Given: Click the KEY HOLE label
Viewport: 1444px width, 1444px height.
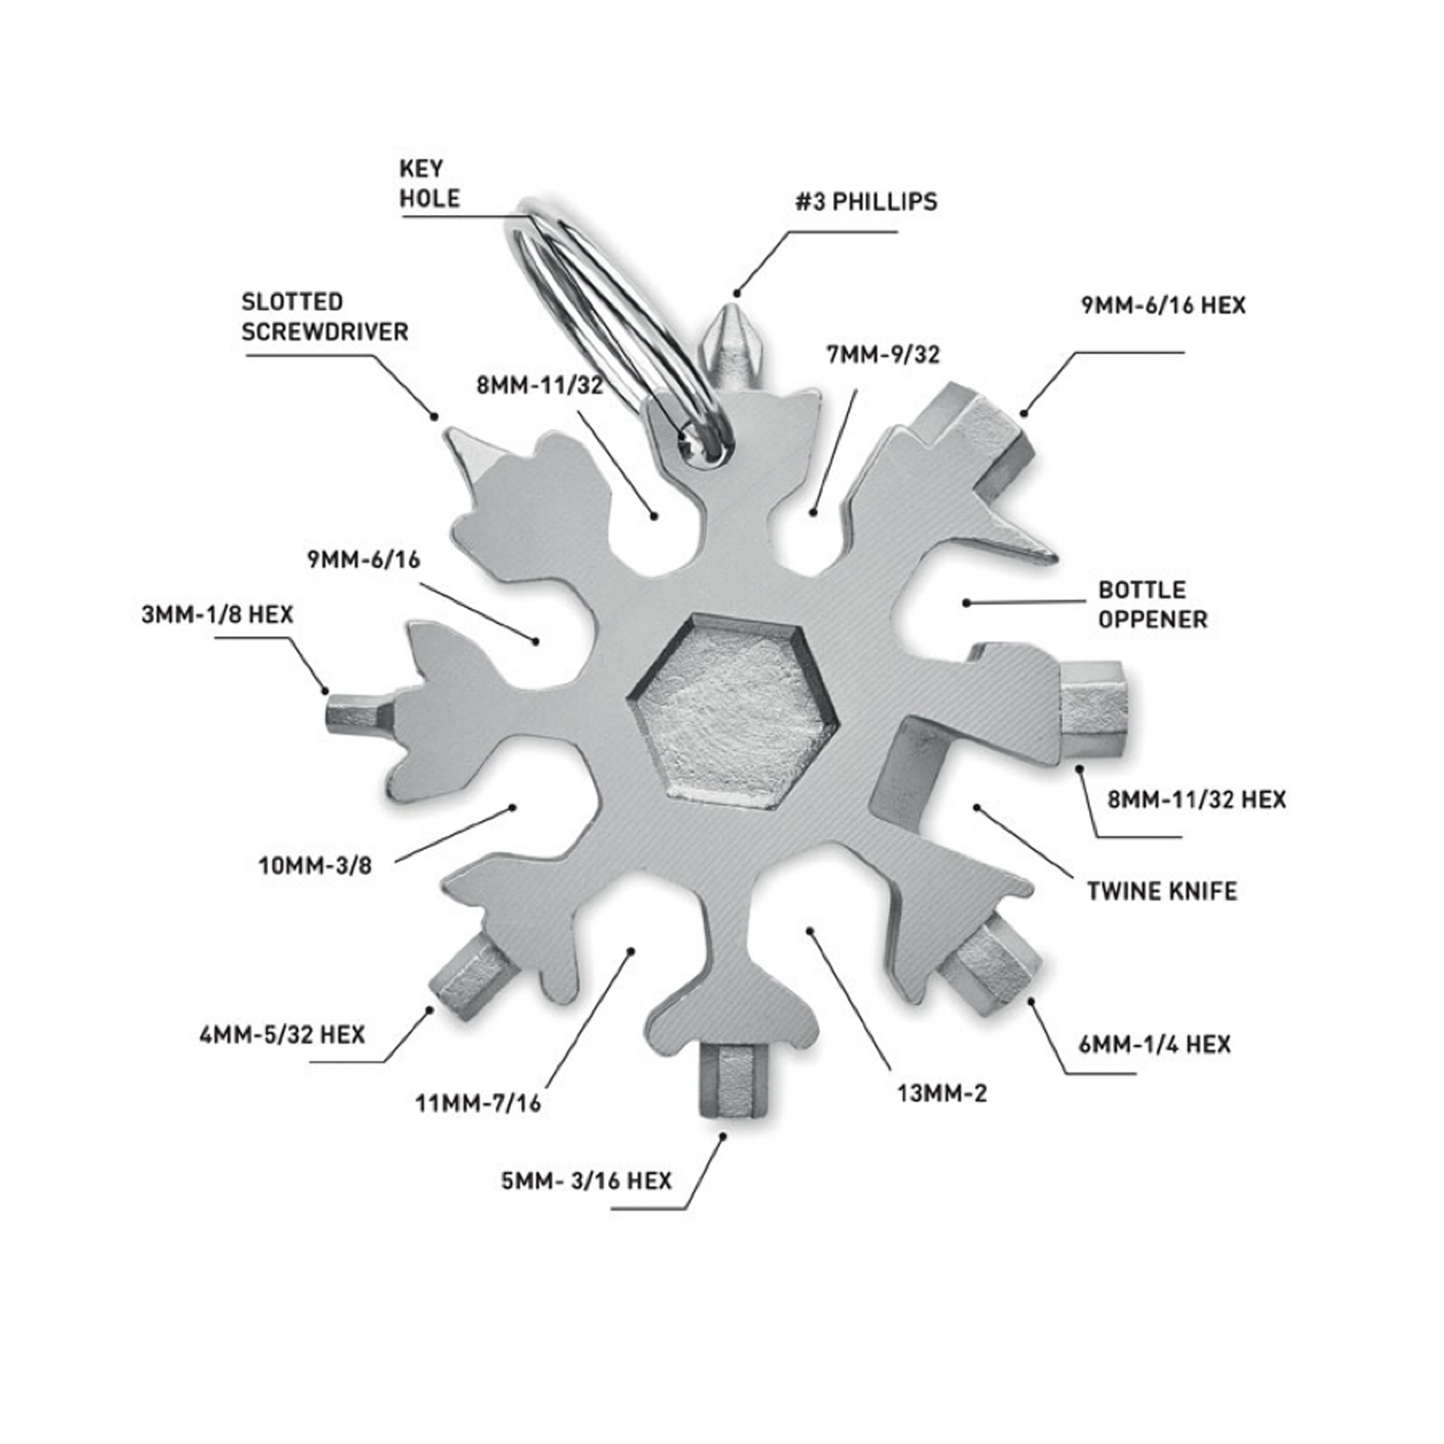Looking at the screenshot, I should (x=430, y=184).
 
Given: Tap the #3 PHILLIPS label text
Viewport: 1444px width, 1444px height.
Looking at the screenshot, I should (x=866, y=201).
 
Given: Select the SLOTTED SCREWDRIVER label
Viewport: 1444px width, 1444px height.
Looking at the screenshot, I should (x=325, y=317).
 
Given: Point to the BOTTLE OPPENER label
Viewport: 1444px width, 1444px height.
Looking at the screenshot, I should (x=1152, y=604).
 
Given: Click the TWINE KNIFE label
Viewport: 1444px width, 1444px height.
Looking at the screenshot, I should (x=1162, y=891).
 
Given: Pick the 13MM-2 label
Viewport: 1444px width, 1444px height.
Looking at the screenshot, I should (x=942, y=1093).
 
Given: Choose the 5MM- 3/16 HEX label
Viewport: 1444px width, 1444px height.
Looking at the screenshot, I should (x=586, y=1181).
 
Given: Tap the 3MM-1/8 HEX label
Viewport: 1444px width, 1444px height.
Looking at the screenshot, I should (x=217, y=615).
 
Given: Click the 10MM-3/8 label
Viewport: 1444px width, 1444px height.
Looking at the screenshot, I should (x=315, y=866).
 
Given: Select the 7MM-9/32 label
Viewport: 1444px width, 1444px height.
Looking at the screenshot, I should (x=882, y=354).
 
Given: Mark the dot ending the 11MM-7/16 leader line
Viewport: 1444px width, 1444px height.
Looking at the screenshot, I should (x=631, y=951).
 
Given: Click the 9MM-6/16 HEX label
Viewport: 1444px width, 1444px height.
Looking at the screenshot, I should (x=1163, y=306).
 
